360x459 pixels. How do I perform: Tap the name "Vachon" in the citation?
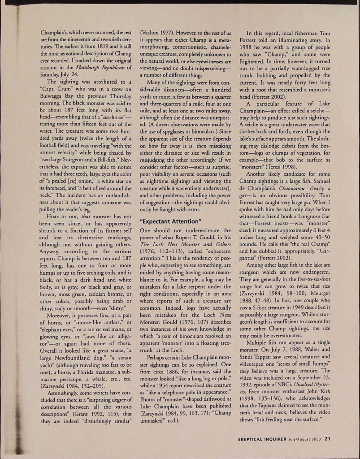[x=152, y=33]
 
